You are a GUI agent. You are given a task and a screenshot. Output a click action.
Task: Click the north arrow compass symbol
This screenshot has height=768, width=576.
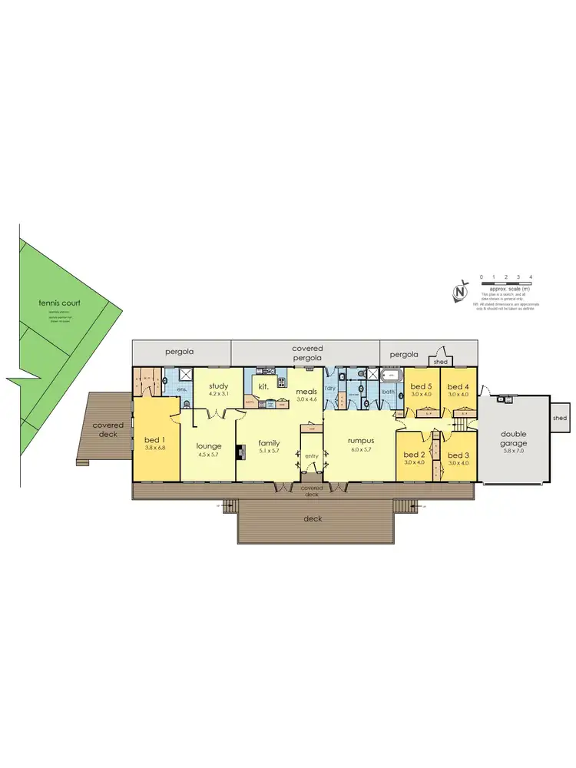click(x=460, y=292)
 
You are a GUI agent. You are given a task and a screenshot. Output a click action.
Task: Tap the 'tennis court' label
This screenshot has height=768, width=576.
click(x=59, y=303)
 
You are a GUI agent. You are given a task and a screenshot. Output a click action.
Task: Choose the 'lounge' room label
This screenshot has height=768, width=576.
click(x=209, y=445)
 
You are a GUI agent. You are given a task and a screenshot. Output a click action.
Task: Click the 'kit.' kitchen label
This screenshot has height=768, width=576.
click(x=262, y=386)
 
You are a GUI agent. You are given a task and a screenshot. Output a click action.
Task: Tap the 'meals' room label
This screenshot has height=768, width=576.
click(x=307, y=391)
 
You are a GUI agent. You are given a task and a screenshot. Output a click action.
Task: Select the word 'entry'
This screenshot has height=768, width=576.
click(x=311, y=457)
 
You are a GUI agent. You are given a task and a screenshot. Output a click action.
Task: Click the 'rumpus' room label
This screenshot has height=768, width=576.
click(x=359, y=440)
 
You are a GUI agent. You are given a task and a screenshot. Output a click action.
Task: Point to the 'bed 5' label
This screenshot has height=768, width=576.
click(x=420, y=386)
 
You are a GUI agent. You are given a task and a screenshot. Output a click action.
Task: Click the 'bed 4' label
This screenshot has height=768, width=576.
click(x=458, y=386)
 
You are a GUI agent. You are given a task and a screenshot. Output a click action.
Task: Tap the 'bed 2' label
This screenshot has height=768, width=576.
click(x=415, y=454)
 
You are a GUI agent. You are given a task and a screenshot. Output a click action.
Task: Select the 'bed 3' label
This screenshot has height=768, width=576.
click(x=458, y=454)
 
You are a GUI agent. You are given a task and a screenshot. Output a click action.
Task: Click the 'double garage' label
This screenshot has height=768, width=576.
click(x=514, y=439)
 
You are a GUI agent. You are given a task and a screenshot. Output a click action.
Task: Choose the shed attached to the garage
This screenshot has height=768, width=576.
click(x=560, y=419)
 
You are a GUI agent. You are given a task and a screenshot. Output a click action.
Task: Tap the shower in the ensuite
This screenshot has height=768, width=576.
click(x=186, y=375)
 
